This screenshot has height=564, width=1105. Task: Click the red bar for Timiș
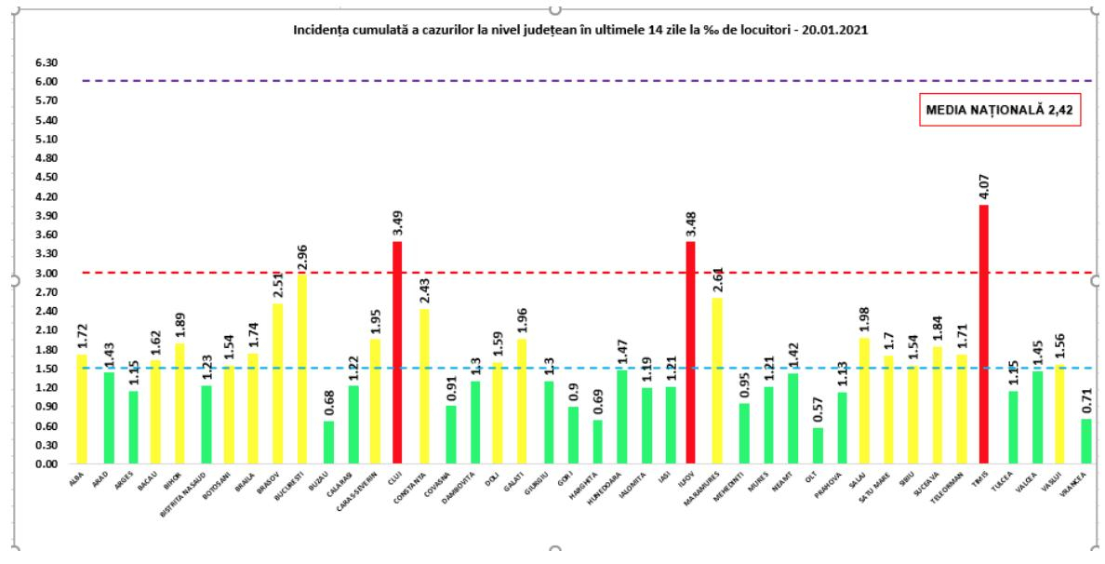click(983, 335)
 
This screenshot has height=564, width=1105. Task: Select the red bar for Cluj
click(397, 354)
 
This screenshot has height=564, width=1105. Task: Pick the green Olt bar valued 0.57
click(818, 446)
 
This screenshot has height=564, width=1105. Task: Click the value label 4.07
click(983, 188)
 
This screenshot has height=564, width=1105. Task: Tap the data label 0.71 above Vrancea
click(1085, 401)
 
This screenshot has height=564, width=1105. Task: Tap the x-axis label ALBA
click(75, 477)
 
